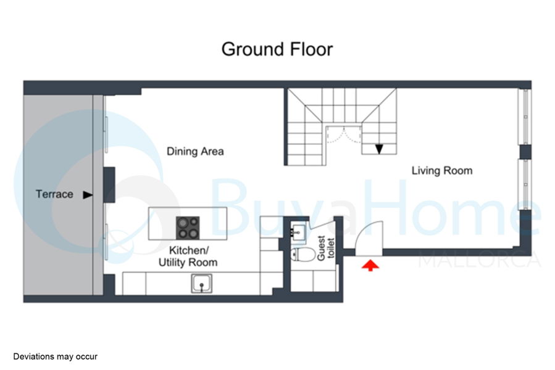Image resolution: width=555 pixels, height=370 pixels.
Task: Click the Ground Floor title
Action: [x=277, y=49]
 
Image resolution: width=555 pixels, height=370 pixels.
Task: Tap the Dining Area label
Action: [x=195, y=152]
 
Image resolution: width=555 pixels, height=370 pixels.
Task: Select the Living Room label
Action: [x=442, y=170]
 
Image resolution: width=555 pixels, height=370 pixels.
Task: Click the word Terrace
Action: [x=54, y=194]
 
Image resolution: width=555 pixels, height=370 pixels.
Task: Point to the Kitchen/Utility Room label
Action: [x=188, y=257]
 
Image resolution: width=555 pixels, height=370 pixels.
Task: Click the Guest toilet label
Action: [x=325, y=249]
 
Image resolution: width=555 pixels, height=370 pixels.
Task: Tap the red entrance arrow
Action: [x=370, y=265]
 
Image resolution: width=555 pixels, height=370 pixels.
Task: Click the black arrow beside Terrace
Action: [x=88, y=195]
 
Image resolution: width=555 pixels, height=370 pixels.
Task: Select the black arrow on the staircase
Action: [x=379, y=149]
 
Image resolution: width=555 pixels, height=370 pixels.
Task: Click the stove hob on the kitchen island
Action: [x=188, y=228]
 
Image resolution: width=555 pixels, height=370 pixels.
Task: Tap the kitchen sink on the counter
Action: [x=202, y=283]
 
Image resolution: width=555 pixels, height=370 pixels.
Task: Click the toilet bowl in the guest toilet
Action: [x=303, y=254]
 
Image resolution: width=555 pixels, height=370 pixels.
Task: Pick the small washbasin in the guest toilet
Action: [x=298, y=232]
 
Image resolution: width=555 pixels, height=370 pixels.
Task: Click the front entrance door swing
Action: [x=369, y=237]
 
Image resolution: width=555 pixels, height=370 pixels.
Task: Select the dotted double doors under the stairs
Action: [x=343, y=134]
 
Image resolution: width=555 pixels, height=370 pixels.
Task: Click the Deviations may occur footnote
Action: [x=55, y=356]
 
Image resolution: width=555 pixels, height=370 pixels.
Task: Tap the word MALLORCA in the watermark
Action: [x=480, y=261]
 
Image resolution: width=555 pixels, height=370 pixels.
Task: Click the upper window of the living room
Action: [x=525, y=117]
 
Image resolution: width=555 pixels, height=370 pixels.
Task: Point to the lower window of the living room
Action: [x=525, y=184]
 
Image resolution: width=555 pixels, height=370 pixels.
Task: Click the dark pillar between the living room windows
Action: [x=525, y=152]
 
